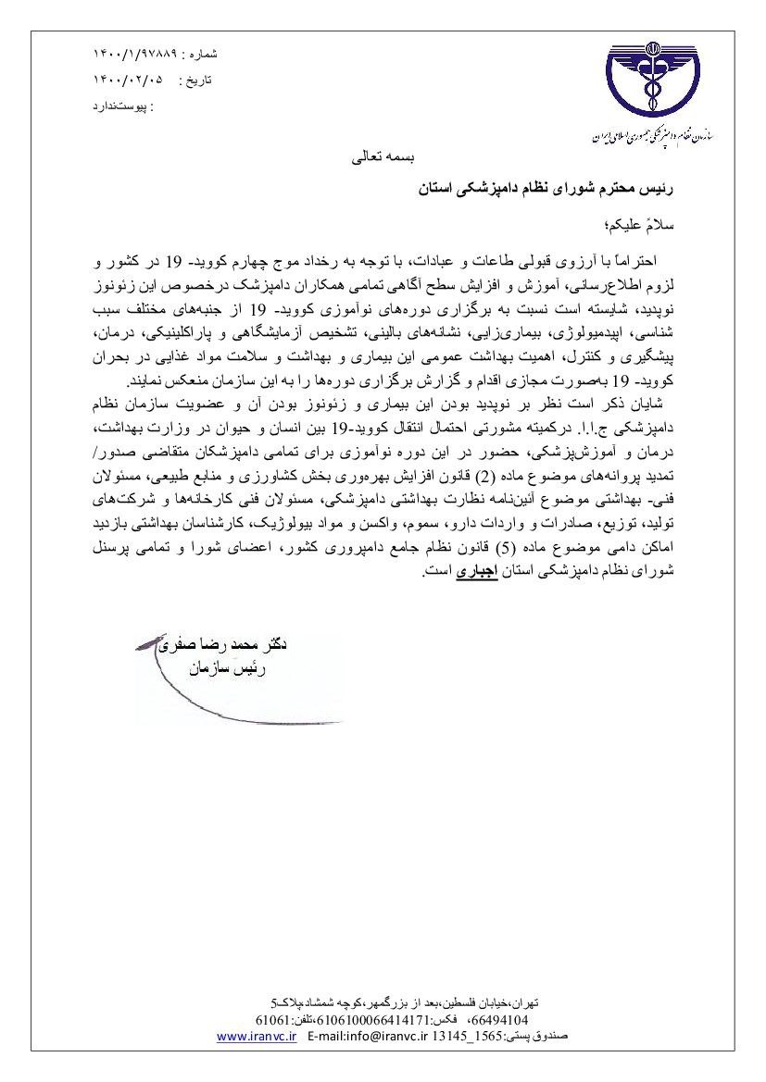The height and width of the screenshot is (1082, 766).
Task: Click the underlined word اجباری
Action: pos(478,573)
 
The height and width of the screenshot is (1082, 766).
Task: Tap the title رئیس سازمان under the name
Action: pos(228,667)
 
